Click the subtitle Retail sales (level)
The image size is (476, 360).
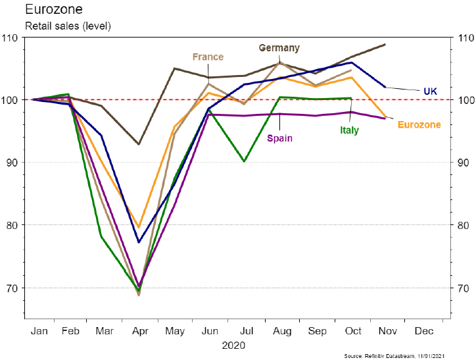pos(68,27)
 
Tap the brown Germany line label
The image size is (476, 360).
pos(279,48)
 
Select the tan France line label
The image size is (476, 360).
pos(208,57)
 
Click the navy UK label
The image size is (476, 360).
pos(430,91)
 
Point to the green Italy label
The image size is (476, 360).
pos(349,130)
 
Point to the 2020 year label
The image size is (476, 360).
pos(234,344)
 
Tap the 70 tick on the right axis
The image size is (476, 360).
pos(462,288)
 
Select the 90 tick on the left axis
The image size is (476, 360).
pos(12,163)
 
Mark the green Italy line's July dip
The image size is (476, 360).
pos(245,161)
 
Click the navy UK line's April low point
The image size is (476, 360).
pos(139,242)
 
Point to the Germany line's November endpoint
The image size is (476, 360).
pos(385,45)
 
